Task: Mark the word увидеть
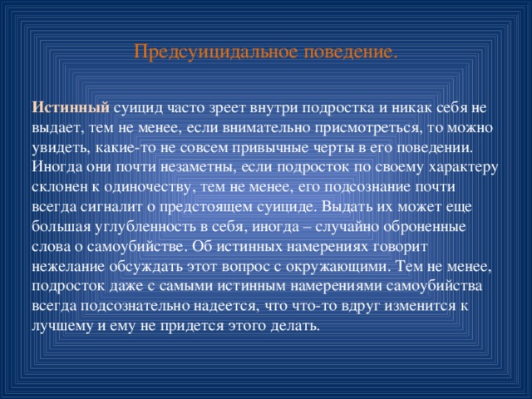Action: pos(59,147)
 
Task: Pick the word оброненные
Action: pos(423,226)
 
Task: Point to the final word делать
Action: pos(293,325)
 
